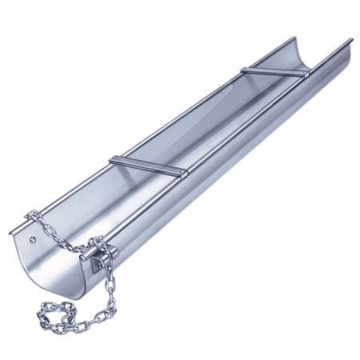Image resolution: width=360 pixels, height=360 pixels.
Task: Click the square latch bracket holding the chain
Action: [102, 258]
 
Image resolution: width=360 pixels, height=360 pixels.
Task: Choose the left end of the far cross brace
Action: [244, 68]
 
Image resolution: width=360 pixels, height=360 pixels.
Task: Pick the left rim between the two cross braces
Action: [180, 112]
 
